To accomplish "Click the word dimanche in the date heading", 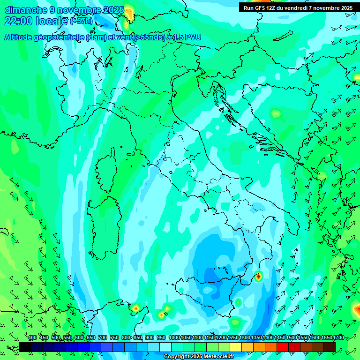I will point(22,10).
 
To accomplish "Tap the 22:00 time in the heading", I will point(18,21).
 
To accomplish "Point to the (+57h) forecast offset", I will point(81,22).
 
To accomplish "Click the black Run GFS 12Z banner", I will point(298,7).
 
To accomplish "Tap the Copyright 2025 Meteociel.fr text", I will point(199,357).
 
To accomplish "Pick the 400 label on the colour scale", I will point(32,337).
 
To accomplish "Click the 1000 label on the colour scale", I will point(174,337).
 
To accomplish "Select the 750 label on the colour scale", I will point(114,337).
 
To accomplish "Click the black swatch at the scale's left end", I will point(25,347).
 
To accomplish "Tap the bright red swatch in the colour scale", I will point(283,347).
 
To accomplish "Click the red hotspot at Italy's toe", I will point(258,277).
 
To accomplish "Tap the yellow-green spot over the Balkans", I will point(275,113).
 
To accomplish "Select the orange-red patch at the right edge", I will point(356,309).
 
